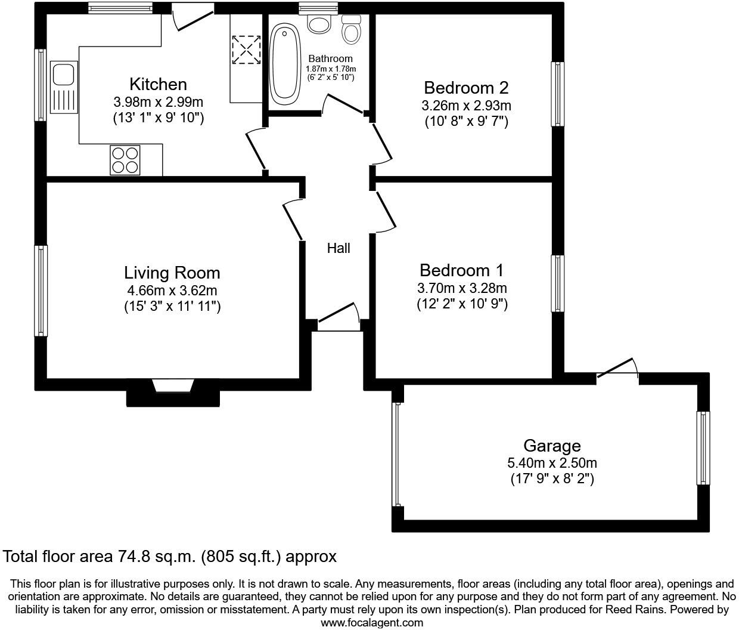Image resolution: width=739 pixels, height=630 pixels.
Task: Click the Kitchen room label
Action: point(158,84)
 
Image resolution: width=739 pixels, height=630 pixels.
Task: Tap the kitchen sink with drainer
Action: point(63,87)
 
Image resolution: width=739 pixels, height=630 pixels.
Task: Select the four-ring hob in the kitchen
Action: point(125,160)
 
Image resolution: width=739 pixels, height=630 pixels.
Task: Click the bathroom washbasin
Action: point(319,24)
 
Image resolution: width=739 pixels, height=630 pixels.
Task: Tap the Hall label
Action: point(338,248)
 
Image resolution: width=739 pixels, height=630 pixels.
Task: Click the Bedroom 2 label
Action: point(466,88)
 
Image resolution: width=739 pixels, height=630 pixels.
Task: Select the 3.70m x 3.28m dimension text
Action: point(462,288)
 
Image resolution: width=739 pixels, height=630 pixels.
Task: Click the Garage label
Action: point(551,446)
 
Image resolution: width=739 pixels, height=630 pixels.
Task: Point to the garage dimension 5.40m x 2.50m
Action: point(551,463)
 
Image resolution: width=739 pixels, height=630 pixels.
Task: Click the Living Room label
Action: point(172,273)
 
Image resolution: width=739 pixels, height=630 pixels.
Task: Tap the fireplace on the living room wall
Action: point(173,387)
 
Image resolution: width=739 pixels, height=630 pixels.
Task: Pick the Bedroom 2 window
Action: point(557,94)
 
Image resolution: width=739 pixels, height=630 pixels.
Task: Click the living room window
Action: point(41,290)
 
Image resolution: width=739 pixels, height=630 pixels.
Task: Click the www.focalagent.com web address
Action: point(372,623)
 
